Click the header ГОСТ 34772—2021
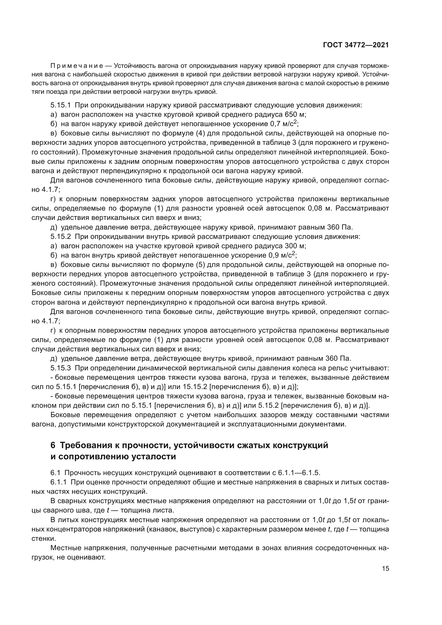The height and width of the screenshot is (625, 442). click(356, 45)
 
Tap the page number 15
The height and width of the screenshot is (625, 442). click(385, 569)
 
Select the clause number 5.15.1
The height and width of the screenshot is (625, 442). click(60, 105)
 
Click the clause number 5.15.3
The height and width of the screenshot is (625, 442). click(60, 368)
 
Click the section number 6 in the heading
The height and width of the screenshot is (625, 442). click(53, 446)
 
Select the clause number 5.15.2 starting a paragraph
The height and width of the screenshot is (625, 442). click(60, 236)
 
